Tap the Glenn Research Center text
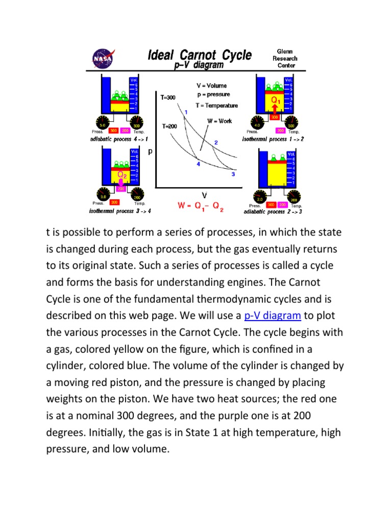coord(284,58)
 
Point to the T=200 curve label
coord(169,125)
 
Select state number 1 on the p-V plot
coord(186,112)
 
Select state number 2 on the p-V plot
coord(216,143)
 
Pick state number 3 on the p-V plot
coord(233,174)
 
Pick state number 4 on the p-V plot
coord(198,164)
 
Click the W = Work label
coord(219,121)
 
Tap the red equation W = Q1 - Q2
coord(201,206)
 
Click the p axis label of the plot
coord(150,151)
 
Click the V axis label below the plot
coord(204,195)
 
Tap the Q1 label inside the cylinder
coord(275,100)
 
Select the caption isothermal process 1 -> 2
coord(273,139)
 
